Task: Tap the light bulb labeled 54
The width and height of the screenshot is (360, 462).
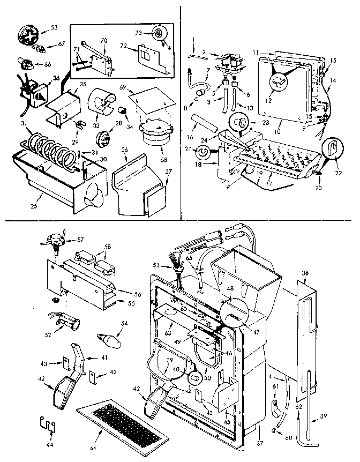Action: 107,339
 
